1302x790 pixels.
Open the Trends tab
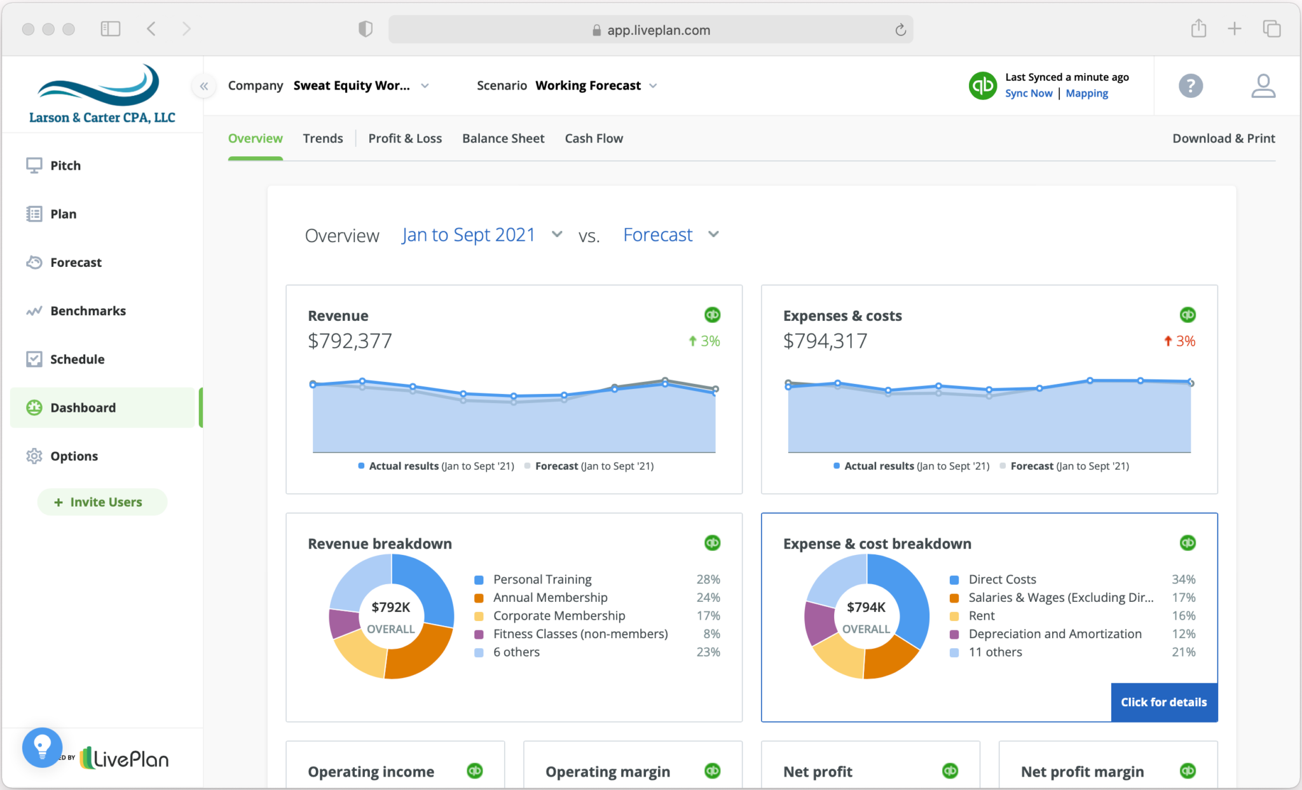pos(322,139)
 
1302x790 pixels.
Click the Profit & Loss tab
pos(405,139)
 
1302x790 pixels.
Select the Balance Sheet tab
pos(503,139)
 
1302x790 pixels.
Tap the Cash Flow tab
pos(594,139)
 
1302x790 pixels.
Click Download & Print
pos(1223,139)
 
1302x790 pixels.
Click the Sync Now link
pos(1028,93)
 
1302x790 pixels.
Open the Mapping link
pos(1086,93)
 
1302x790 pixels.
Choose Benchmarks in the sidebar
pos(88,311)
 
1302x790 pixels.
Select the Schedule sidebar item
pos(77,359)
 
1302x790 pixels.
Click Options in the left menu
pos(74,456)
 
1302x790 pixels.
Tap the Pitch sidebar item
pos(65,166)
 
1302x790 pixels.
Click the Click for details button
pos(1163,702)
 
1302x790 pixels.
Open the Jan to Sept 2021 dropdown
pos(481,235)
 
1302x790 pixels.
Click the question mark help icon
pos(1190,86)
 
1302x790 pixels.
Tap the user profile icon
pos(1263,86)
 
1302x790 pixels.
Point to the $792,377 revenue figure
pos(350,341)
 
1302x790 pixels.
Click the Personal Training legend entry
pos(542,580)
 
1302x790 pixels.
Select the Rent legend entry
pos(981,616)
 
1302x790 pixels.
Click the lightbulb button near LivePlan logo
pos(42,747)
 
